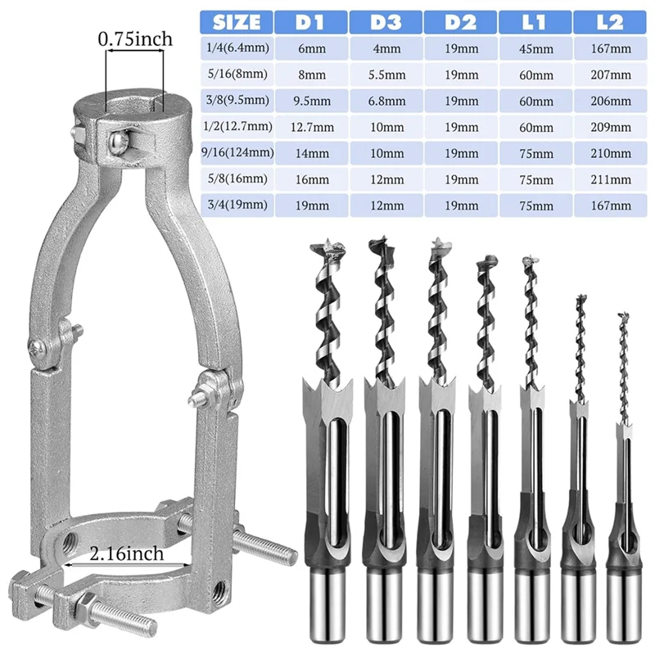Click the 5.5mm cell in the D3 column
click(x=386, y=75)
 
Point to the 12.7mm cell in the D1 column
click(x=313, y=127)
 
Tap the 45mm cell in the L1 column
click(x=535, y=48)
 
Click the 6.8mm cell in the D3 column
click(x=386, y=101)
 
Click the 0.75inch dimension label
click(x=134, y=38)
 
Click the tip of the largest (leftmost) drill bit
click(x=332, y=243)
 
